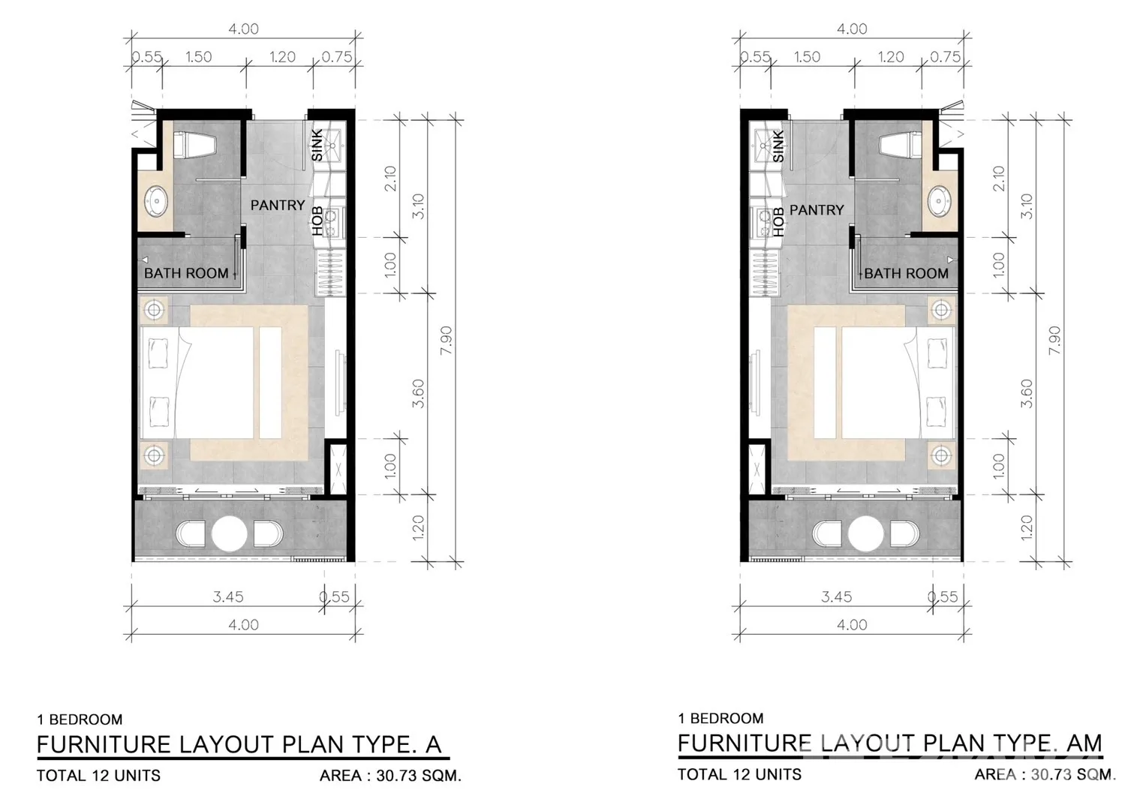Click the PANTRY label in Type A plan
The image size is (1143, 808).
point(277,205)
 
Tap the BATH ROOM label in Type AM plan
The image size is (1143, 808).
point(906,273)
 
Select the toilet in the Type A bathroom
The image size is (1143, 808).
point(194,145)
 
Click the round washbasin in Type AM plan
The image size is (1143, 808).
point(939,200)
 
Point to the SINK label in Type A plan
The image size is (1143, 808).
point(317,145)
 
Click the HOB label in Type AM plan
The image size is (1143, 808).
point(778,222)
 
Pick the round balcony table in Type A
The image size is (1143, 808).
point(230,534)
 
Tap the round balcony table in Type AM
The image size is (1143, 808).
point(865,534)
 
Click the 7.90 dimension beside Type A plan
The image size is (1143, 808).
point(446,341)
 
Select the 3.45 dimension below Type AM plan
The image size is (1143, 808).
point(836,596)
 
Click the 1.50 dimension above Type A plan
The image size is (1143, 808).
point(198,56)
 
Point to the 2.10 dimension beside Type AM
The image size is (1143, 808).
point(998,179)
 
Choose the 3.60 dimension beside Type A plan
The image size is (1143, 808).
point(418,393)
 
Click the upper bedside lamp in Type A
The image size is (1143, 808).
point(154,309)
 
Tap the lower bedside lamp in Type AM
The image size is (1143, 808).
point(941,455)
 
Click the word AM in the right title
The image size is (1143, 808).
point(1084,743)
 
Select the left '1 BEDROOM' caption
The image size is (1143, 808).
point(80,719)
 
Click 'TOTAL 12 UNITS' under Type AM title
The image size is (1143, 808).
point(739,774)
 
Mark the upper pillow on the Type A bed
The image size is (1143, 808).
point(158,353)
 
